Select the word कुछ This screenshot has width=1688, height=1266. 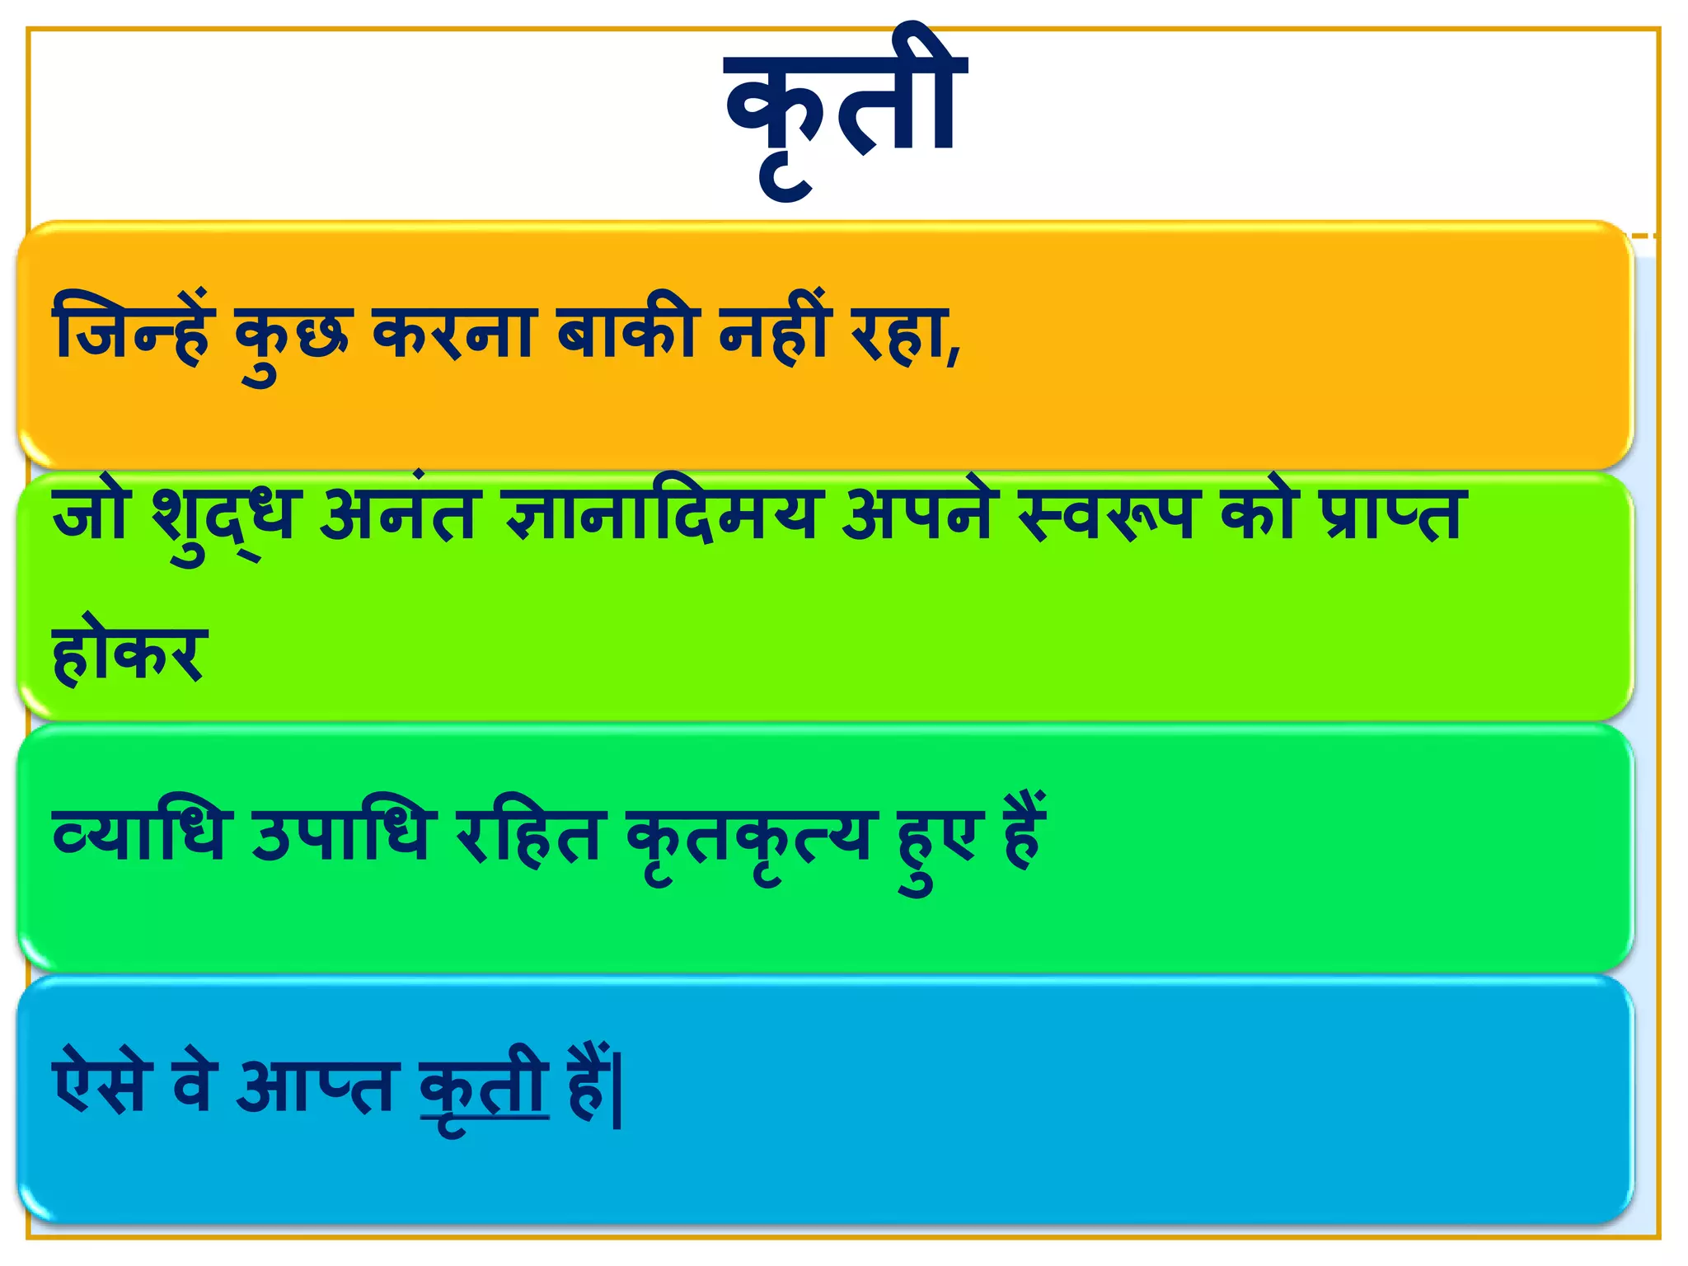293,338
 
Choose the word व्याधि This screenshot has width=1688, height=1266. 138,834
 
